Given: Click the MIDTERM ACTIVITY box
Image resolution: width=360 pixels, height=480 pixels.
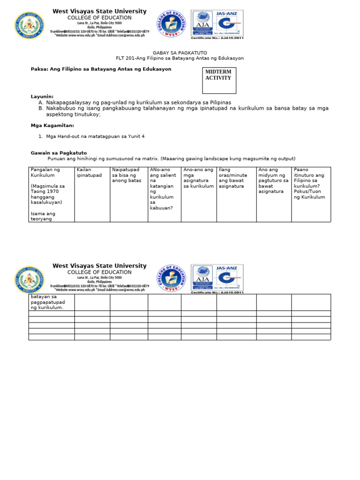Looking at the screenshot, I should click(218, 80).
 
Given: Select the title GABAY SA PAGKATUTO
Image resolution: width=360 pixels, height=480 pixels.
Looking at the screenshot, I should click(180, 52).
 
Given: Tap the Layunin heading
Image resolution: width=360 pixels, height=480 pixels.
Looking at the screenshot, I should click(42, 96).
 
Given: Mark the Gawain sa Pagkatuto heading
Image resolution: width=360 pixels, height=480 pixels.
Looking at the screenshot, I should click(59, 153).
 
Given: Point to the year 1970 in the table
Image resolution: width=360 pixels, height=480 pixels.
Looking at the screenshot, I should click(57, 191).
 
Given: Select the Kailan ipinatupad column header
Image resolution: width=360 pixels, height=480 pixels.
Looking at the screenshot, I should click(89, 172).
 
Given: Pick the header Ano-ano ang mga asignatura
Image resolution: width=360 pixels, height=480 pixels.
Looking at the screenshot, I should click(198, 178).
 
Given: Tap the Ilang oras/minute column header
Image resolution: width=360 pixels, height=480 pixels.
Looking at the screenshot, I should click(236, 178).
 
